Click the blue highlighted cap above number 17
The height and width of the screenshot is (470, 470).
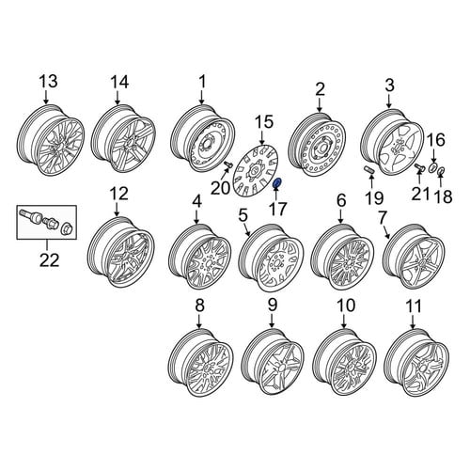pos(277,183)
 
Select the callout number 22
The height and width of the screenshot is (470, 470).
pos(50,259)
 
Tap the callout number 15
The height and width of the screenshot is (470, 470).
pos(264,122)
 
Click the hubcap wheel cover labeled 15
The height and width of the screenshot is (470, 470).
pos(257,171)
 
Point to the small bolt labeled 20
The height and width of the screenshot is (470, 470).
pos(228,164)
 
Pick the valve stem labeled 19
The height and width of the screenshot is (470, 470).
pos(368,170)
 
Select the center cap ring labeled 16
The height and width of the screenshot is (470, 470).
pos(433,166)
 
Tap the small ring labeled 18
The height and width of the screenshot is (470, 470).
pos(441,171)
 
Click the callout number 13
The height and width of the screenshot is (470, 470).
pos(48,81)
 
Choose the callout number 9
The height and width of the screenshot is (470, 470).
pos(273,305)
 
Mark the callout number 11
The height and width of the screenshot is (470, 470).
pos(414,306)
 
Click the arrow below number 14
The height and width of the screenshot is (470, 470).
pos(117,97)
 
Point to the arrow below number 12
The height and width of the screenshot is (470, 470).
pos(117,209)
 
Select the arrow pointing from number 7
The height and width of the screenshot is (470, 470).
pos(385,232)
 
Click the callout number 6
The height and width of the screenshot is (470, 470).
pos(341,200)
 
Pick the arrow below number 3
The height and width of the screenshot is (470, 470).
pos(389,101)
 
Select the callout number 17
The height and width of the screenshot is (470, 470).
pos(278,209)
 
